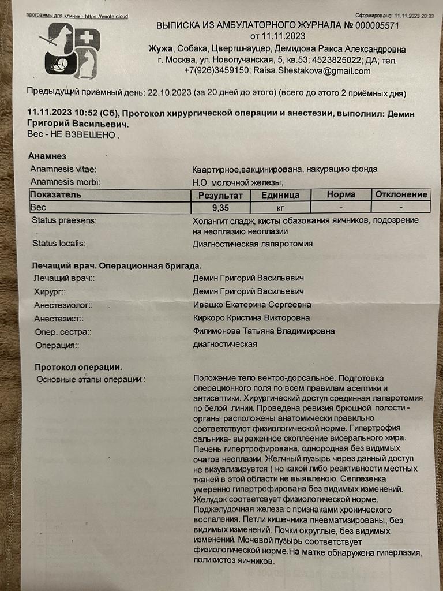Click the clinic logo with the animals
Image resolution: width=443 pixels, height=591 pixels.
point(73,54)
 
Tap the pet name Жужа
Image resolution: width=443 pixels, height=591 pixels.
point(160,48)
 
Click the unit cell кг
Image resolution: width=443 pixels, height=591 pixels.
point(280,207)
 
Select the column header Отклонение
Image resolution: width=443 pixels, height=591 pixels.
point(401,194)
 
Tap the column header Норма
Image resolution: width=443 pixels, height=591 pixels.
point(340,195)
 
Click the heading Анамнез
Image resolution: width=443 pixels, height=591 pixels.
point(47,156)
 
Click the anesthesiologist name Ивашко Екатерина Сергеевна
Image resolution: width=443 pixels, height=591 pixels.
point(252,305)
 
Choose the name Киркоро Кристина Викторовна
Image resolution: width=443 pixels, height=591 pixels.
point(251,318)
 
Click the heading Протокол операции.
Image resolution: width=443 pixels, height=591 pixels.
point(78,367)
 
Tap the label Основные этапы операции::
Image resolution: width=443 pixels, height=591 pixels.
point(91,380)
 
